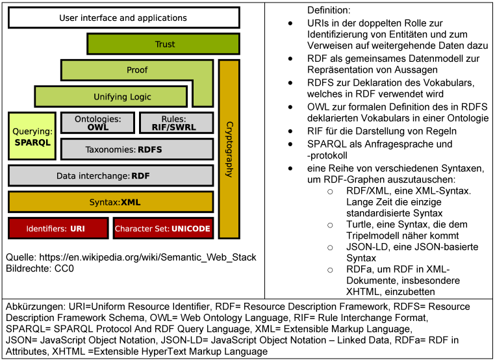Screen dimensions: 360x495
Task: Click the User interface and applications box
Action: coord(123,18)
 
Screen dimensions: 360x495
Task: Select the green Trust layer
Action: coord(165,44)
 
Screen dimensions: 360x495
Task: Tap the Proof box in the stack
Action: coord(136,70)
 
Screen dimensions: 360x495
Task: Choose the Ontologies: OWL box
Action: coord(97,123)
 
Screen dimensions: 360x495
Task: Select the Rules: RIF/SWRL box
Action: coord(177,123)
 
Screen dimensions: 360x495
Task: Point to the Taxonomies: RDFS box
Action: coord(136,149)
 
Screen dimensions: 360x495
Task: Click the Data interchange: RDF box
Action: coord(110,175)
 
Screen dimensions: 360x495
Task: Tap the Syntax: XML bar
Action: coord(110,202)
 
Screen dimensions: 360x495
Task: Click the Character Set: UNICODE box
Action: coord(162,229)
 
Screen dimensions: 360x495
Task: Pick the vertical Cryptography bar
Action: coord(227,148)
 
